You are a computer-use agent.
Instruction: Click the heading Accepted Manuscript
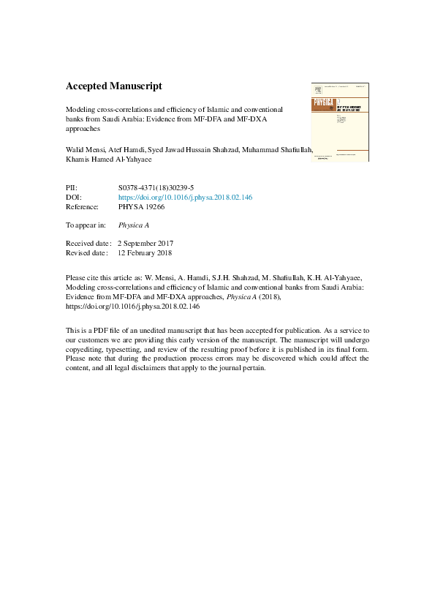[x=113, y=86]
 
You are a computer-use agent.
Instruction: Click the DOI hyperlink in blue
[x=185, y=198]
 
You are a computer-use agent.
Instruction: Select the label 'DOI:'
[x=73, y=198]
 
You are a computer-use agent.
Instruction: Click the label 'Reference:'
[x=82, y=207]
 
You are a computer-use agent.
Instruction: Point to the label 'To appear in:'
[x=86, y=225]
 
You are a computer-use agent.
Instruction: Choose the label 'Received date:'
[x=88, y=243]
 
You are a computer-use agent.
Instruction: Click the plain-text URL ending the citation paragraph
[x=123, y=307]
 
